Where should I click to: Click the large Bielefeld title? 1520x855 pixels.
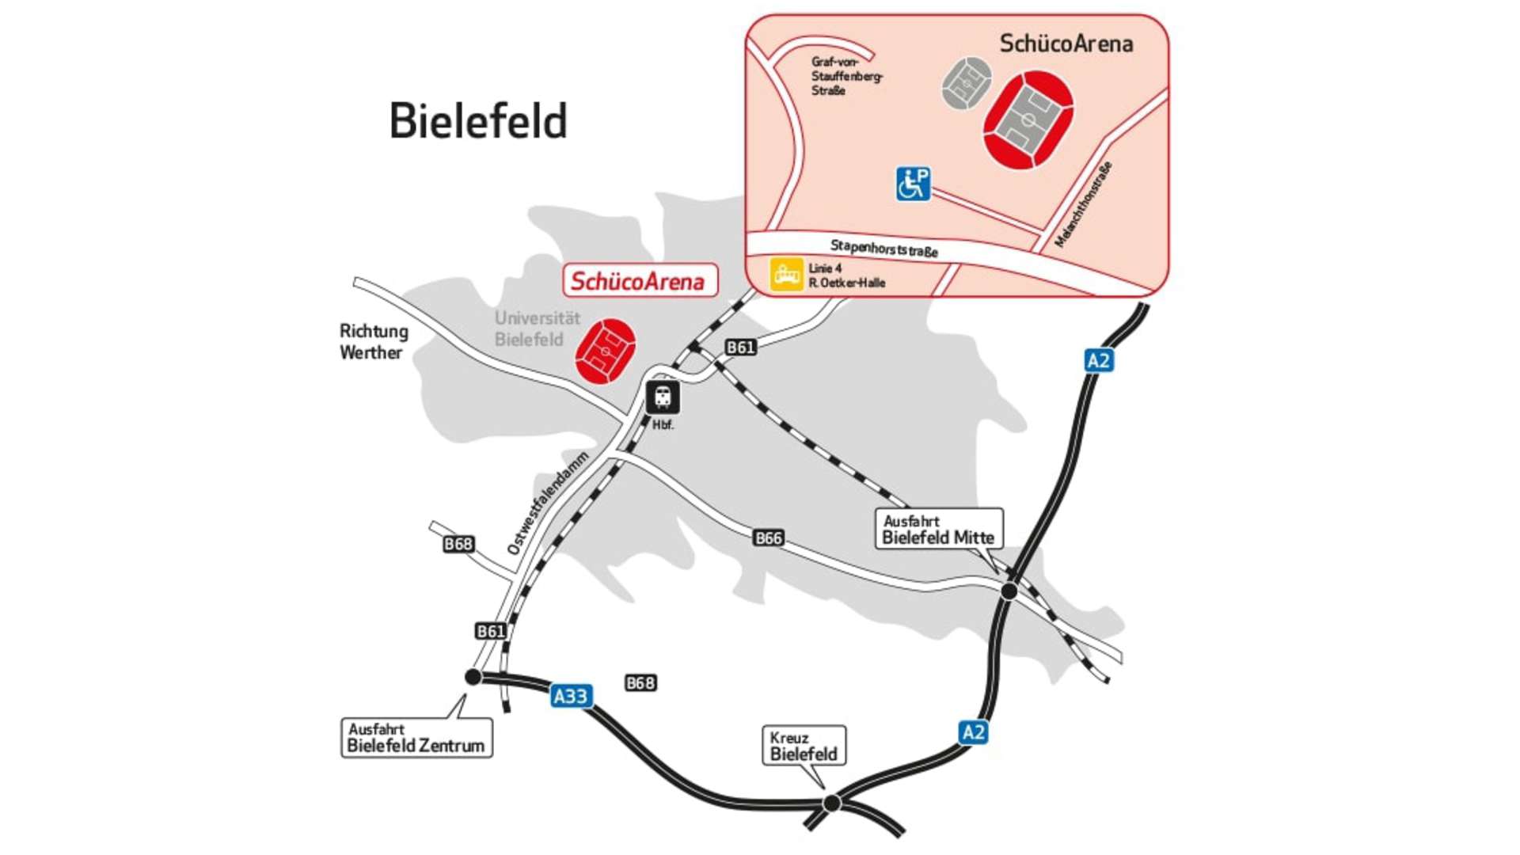[478, 121]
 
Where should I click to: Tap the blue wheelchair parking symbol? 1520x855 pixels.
[913, 184]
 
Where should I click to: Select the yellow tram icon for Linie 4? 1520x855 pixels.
[786, 275]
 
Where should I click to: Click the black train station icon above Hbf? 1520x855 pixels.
[663, 397]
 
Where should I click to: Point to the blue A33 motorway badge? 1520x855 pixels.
[571, 696]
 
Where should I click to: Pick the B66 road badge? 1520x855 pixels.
[768, 538]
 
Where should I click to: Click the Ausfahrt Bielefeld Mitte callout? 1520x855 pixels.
[938, 529]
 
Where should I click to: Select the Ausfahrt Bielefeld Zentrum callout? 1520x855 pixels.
[416, 738]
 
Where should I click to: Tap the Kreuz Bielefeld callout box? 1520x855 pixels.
[804, 746]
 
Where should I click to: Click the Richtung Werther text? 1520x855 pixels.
[374, 341]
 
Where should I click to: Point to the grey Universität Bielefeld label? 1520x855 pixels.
[537, 329]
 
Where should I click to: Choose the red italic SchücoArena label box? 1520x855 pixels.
[640, 281]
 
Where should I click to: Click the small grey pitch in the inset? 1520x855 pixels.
[967, 82]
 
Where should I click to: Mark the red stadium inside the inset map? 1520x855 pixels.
[1028, 120]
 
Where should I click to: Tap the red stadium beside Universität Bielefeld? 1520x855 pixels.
[605, 351]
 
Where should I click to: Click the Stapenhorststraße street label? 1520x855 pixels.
[883, 249]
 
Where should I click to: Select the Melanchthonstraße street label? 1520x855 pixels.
[1084, 204]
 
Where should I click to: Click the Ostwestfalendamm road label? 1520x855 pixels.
[548, 503]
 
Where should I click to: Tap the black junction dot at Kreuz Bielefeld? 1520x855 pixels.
[831, 803]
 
